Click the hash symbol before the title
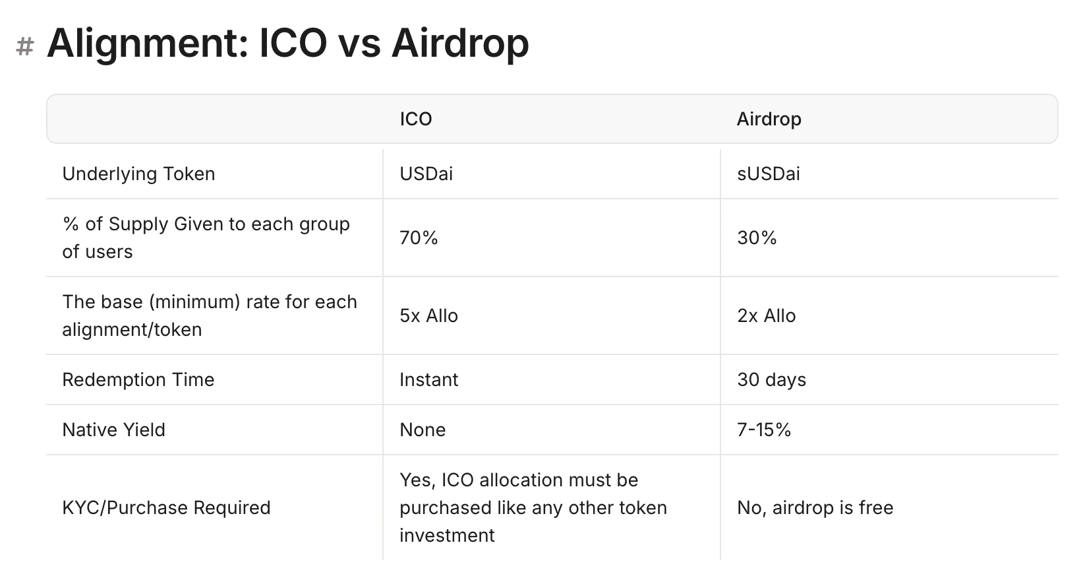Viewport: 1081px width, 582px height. click(x=25, y=47)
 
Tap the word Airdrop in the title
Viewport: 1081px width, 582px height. click(x=460, y=43)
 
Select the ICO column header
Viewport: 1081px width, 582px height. click(x=415, y=119)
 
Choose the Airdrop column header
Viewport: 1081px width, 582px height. click(x=769, y=119)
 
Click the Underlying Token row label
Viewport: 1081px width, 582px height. click(x=138, y=174)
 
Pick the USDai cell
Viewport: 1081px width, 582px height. click(x=426, y=174)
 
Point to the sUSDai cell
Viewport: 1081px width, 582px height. click(x=768, y=174)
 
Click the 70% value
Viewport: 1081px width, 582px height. click(x=419, y=238)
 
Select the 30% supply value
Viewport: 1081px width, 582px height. click(x=757, y=238)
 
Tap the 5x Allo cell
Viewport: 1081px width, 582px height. click(x=428, y=316)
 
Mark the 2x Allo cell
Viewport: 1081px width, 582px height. click(x=766, y=316)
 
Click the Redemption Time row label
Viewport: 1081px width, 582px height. click(x=138, y=380)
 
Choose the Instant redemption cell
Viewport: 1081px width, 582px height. click(x=428, y=380)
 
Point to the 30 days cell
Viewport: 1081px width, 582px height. click(x=771, y=380)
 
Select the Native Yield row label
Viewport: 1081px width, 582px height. click(x=113, y=430)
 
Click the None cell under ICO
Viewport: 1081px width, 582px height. click(x=423, y=430)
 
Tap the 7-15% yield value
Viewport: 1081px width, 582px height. click(x=763, y=430)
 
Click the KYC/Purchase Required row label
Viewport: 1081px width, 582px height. click(x=166, y=508)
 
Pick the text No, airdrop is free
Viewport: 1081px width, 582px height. click(x=815, y=508)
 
